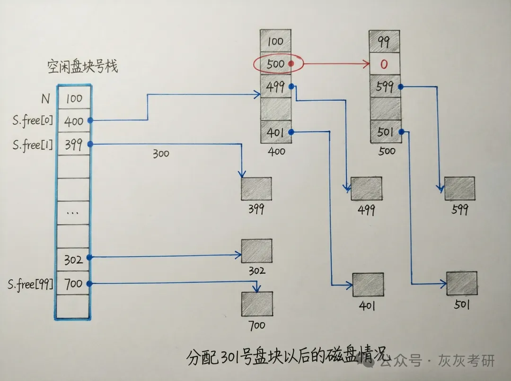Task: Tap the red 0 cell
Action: pos(384,64)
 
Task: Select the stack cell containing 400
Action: pos(73,121)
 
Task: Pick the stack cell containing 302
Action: pos(73,259)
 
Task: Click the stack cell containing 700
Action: pos(73,284)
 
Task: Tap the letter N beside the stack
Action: pos(45,99)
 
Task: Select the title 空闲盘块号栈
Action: pos(82,66)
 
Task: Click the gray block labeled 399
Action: pos(256,189)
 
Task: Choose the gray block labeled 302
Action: pos(256,251)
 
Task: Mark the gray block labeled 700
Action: pos(257,303)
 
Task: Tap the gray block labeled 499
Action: pos(366,189)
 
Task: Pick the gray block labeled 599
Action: pos(459,188)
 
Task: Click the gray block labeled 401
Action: pos(368,284)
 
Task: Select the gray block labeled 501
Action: pos(461,283)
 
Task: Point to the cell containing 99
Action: pos(384,42)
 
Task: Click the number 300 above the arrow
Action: pos(161,154)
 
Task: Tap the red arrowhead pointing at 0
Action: pos(366,64)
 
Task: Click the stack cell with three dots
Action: pos(73,212)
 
